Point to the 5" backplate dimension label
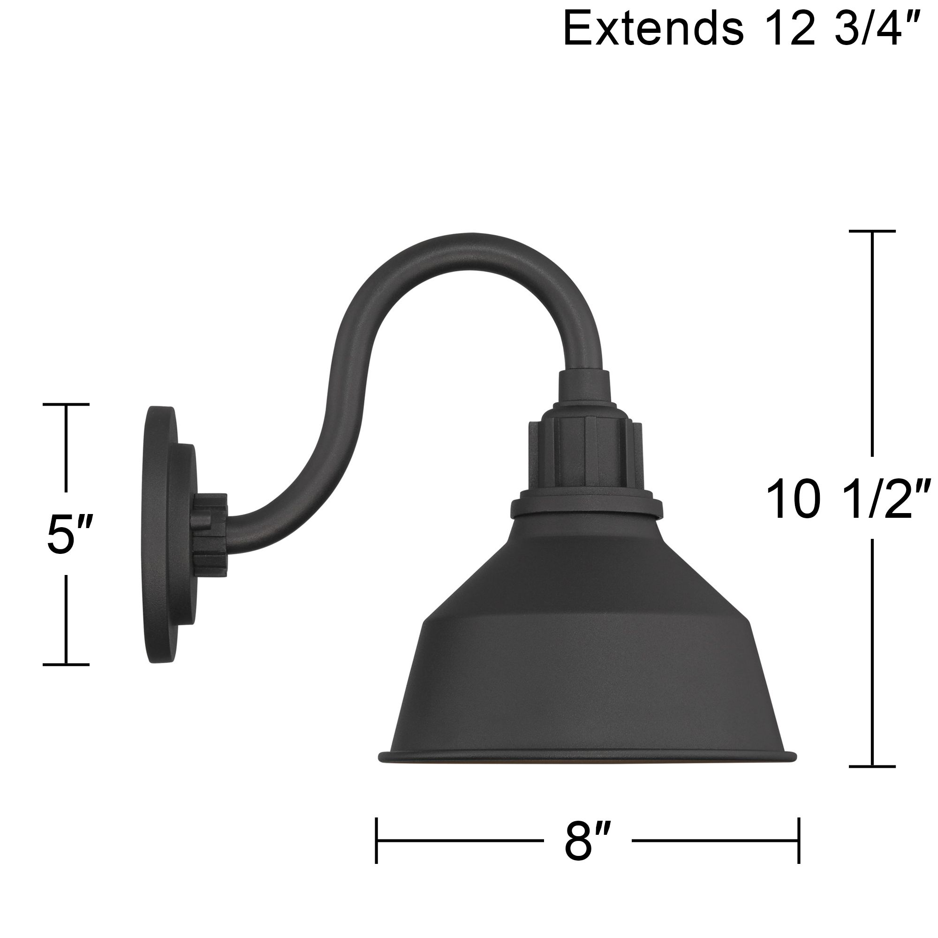[68, 534]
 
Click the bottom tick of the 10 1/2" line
[872, 780]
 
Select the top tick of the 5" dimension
[66, 404]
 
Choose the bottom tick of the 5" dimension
[66, 664]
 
